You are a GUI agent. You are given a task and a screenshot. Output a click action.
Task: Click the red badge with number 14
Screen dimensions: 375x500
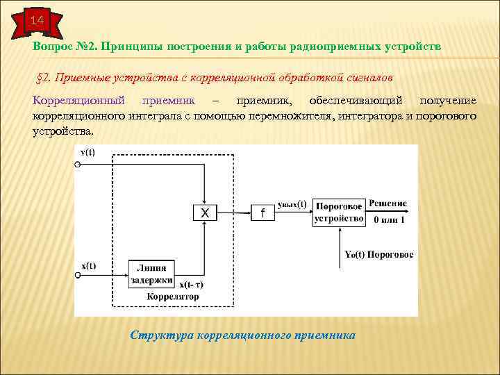click(x=36, y=21)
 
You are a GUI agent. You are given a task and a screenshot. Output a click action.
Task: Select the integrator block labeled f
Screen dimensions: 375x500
click(x=262, y=214)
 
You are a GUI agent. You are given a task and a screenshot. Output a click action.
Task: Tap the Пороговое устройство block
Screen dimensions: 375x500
click(x=339, y=213)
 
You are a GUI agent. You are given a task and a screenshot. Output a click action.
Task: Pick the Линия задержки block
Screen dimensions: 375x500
click(x=155, y=274)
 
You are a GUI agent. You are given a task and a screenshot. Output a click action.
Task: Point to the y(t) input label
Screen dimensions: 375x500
click(x=88, y=152)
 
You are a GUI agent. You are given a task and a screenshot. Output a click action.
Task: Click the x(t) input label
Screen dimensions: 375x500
click(x=88, y=265)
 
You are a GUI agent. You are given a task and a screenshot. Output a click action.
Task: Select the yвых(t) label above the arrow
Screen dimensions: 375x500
click(x=292, y=204)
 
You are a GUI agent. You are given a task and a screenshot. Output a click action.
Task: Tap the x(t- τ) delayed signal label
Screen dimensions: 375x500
click(x=196, y=285)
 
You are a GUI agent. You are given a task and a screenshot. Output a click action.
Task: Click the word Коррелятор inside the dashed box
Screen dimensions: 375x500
click(x=172, y=297)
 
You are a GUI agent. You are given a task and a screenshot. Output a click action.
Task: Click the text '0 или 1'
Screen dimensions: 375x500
click(x=389, y=220)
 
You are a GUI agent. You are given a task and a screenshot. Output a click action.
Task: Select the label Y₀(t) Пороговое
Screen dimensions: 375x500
click(x=378, y=255)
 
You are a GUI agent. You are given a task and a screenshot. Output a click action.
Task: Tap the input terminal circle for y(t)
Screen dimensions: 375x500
click(x=78, y=165)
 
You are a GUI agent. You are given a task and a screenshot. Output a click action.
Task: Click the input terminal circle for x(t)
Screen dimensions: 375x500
click(x=78, y=276)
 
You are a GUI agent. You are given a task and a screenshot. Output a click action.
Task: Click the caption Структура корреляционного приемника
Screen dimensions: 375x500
click(x=242, y=335)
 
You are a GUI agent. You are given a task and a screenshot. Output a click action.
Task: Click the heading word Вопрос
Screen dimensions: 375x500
click(x=51, y=46)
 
